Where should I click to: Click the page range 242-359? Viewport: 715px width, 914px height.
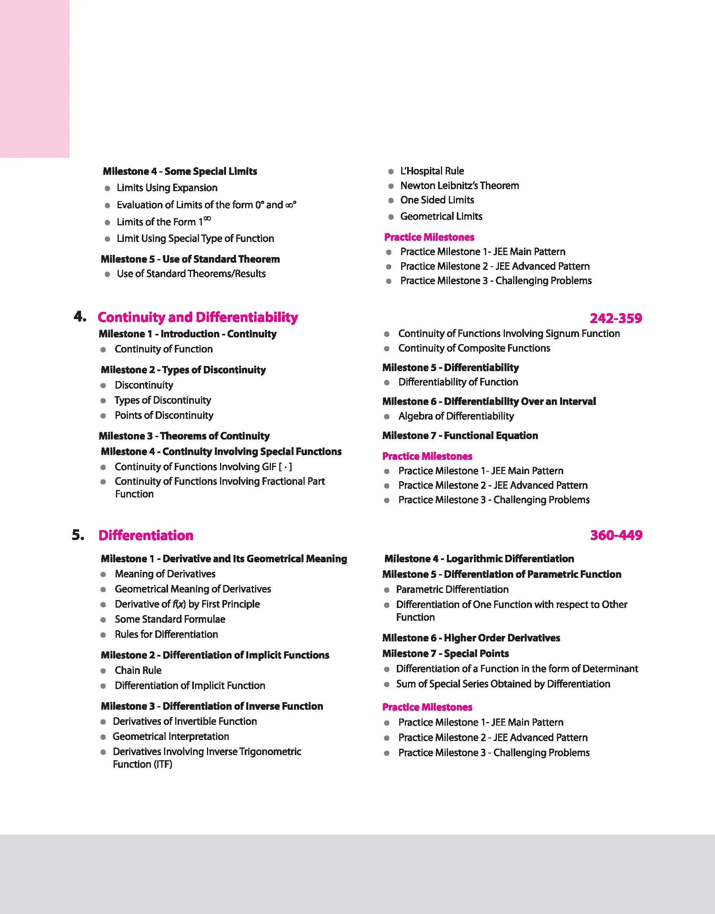[x=615, y=319]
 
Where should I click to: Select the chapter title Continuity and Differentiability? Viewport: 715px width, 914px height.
[x=197, y=318]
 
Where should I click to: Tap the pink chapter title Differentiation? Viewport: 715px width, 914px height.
[x=146, y=536]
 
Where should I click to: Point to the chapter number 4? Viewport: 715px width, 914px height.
[x=79, y=317]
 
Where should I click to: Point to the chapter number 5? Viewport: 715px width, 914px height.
[x=78, y=534]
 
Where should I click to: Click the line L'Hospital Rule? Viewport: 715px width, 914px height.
[x=432, y=171]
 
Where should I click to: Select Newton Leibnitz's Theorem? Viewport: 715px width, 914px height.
[x=459, y=186]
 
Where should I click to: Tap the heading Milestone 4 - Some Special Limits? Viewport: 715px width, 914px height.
[x=180, y=171]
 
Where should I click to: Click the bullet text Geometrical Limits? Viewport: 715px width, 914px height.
[x=441, y=217]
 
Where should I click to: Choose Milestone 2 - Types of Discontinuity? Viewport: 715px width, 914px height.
[x=183, y=370]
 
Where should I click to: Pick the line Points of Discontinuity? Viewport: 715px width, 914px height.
[x=164, y=415]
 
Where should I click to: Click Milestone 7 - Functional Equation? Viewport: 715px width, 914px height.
[x=460, y=436]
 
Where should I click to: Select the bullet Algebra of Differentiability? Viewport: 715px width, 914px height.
[x=456, y=416]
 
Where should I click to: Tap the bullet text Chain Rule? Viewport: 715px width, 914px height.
[x=138, y=670]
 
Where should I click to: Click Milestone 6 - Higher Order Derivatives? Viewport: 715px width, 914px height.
[x=471, y=638]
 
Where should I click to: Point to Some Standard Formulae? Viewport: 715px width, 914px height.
[x=170, y=619]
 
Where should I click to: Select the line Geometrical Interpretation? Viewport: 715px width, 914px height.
[x=171, y=736]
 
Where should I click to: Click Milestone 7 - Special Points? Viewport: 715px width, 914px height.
[x=445, y=654]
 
